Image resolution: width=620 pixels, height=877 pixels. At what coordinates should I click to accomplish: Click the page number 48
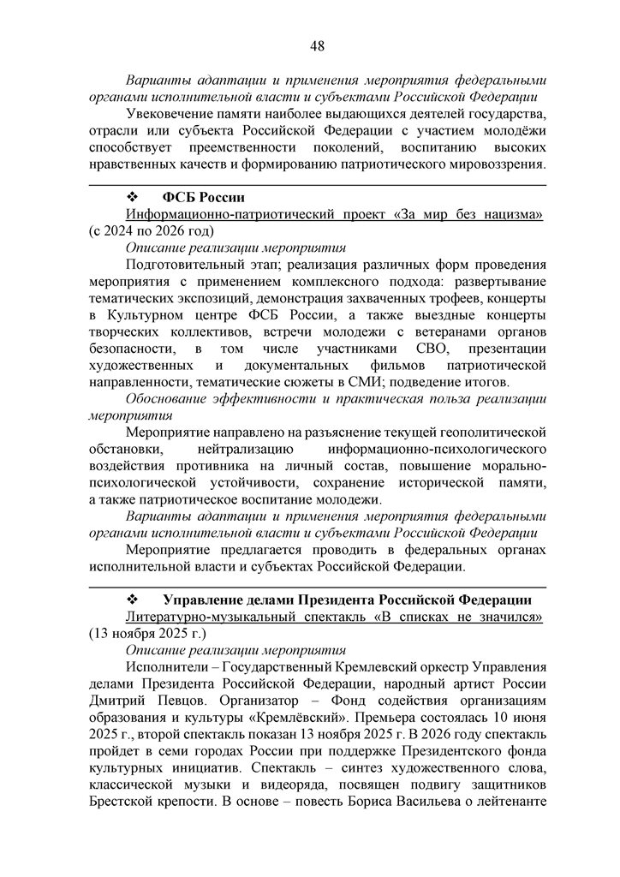[x=317, y=45]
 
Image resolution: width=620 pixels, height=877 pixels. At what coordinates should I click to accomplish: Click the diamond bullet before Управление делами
[x=133, y=598]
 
